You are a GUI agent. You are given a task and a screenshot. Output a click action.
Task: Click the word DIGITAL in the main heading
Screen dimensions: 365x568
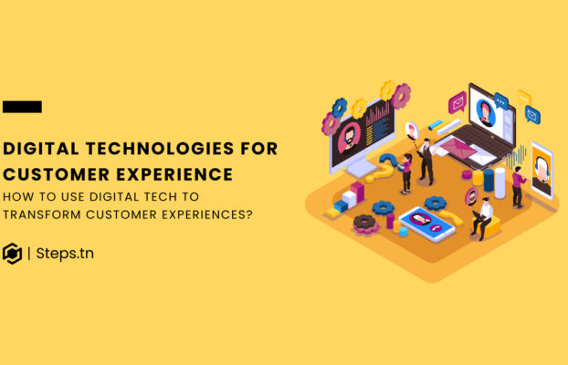(36, 149)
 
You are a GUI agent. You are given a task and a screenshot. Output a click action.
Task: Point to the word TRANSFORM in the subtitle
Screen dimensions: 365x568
(49, 214)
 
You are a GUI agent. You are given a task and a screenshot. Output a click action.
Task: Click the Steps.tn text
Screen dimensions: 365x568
(65, 253)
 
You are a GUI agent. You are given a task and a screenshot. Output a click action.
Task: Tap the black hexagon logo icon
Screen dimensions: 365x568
(13, 253)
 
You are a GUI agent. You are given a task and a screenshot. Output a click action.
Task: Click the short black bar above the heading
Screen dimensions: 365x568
(22, 107)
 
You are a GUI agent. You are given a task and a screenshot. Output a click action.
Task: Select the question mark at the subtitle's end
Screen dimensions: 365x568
(249, 214)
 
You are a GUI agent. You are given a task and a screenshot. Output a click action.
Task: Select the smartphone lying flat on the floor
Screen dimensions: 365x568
(426, 222)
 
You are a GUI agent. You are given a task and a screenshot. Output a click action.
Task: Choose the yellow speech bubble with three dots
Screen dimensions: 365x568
(523, 98)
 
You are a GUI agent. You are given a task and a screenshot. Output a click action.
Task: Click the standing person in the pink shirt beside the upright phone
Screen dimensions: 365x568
(519, 186)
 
